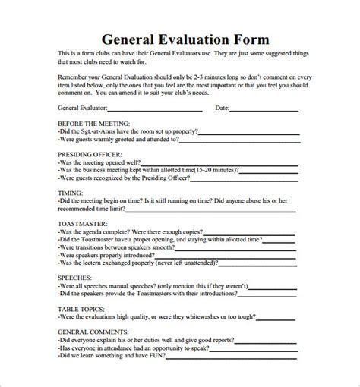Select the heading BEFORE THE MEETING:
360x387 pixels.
(x=93, y=123)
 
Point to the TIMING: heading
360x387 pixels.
(x=71, y=193)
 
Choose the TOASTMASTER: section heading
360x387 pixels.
(x=83, y=225)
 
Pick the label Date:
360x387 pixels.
(x=222, y=109)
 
